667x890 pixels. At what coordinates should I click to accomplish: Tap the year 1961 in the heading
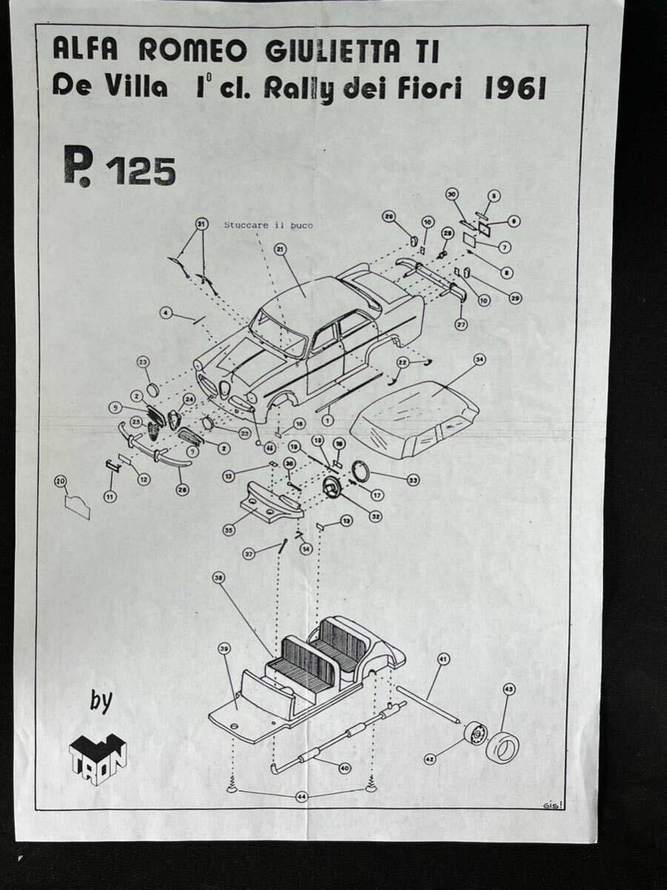coord(514,89)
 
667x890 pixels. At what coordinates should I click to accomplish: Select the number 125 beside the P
coord(141,171)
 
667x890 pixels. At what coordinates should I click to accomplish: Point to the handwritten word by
coord(101,701)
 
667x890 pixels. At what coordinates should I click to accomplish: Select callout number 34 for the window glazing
coord(479,360)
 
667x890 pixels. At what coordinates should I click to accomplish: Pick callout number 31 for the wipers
coord(200,223)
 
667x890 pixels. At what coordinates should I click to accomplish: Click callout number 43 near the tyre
coord(508,690)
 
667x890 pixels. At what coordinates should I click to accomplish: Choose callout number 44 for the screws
coord(302,797)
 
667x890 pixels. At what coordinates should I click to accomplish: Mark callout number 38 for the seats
coord(218,577)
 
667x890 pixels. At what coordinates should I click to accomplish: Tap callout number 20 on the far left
coord(61,481)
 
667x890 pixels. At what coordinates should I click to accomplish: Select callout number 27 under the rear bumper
coord(461,324)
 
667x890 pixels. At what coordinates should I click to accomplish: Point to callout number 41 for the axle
coord(443,659)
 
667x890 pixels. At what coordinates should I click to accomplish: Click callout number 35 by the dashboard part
coord(229,530)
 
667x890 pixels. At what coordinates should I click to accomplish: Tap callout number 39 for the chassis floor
coord(225,647)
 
